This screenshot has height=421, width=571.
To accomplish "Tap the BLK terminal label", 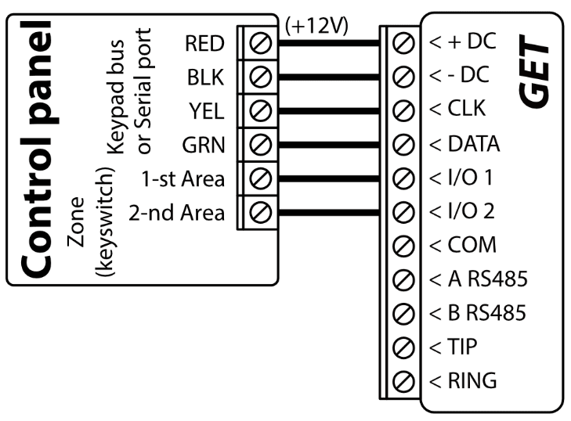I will [x=207, y=77].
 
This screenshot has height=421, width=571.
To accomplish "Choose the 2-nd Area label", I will [x=177, y=211].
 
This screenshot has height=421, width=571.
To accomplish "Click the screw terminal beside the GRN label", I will [x=260, y=144].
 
